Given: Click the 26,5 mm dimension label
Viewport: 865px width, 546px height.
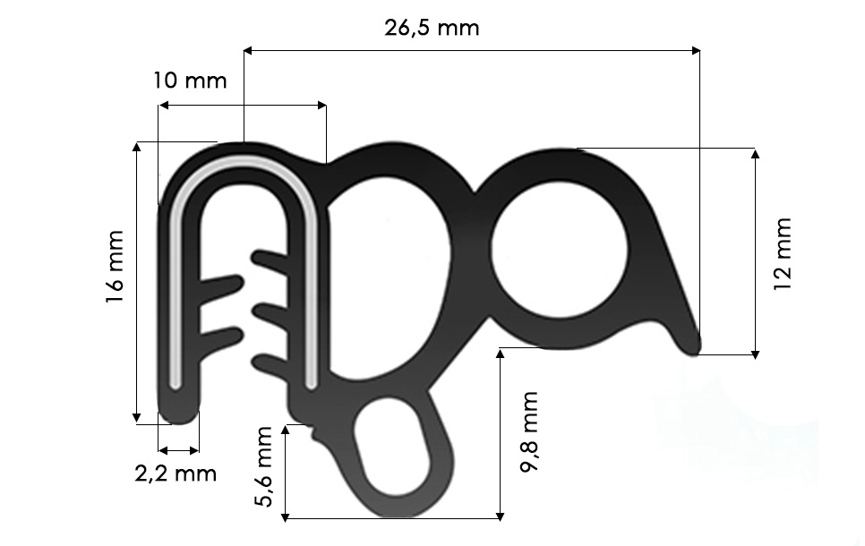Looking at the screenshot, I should pos(432,28).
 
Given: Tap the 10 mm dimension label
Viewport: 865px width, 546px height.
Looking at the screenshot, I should pos(190,81).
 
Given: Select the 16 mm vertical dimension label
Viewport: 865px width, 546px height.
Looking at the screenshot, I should pos(115,268).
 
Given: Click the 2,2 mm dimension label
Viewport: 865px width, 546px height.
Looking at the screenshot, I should pos(176,473).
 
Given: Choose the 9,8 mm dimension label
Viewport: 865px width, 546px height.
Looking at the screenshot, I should pos(529,431).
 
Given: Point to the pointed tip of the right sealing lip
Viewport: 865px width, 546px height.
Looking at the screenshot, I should pos(695,347).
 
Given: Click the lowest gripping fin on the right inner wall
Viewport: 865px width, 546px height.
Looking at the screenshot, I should pos(270,363).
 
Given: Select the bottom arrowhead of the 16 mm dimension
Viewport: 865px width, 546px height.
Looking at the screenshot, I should pos(137,417).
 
